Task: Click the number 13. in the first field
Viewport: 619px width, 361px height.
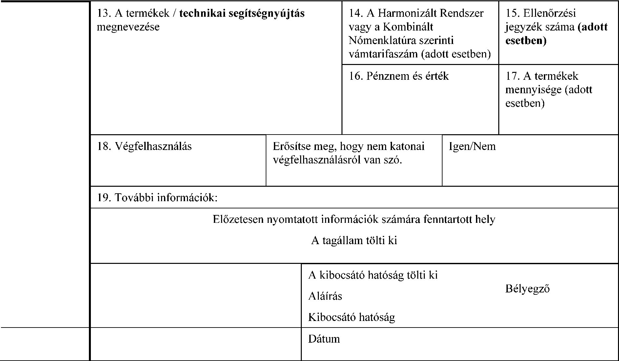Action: [x=104, y=13]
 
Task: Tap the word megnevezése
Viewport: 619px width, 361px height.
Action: [x=128, y=27]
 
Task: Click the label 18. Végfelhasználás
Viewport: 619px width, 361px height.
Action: [x=144, y=146]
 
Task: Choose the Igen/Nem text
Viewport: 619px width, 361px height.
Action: [x=472, y=146]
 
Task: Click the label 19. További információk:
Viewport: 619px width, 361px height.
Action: [x=157, y=198]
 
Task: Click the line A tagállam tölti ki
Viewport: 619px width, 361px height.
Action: [x=354, y=241]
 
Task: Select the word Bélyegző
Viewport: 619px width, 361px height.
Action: [x=527, y=289]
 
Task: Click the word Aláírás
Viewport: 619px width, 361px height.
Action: [x=325, y=296]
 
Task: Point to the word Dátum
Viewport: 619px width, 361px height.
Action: [x=324, y=339]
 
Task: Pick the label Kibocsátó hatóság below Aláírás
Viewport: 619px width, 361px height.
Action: [x=351, y=317]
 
